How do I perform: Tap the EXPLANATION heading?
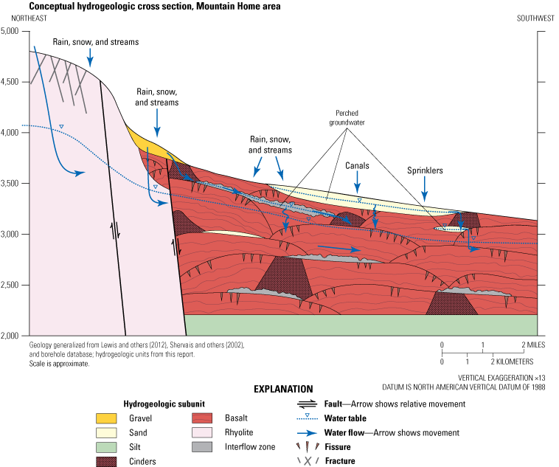[x=283, y=389]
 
